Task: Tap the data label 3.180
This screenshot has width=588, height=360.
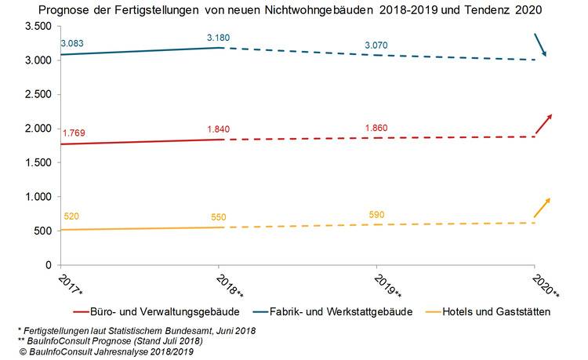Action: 217,37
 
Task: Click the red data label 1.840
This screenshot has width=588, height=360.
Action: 219,129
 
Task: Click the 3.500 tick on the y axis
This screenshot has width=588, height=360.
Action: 38,27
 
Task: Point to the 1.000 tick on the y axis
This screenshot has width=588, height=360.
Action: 38,197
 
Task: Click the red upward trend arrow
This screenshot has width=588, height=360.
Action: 543,124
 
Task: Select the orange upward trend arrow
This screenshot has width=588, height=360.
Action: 543,208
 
